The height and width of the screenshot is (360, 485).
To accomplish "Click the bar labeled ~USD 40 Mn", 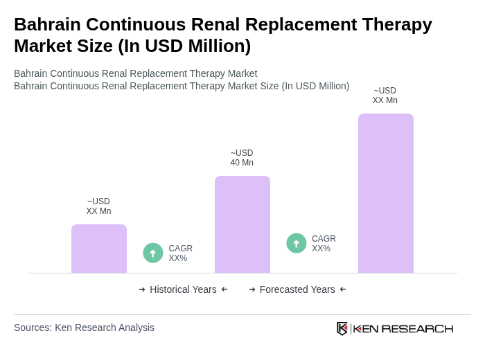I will coord(242,224).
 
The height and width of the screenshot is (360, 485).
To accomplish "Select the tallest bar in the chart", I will coord(385,193).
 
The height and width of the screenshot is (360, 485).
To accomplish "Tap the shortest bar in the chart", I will coord(98,249).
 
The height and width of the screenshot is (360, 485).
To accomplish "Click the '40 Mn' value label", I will coord(242,163).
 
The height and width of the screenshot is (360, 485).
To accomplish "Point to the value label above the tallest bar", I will coord(385,96).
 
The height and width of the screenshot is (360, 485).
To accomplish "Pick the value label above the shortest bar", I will coord(98,206).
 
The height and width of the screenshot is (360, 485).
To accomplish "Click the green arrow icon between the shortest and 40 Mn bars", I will coord(153,253).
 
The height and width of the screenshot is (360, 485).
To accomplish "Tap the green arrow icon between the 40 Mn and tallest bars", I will coord(297,243).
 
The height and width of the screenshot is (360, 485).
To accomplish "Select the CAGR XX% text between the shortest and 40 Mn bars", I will coord(180,253).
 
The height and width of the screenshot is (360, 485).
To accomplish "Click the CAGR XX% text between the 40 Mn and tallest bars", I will coord(324,244).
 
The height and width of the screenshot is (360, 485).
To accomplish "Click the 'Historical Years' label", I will coord(183,289).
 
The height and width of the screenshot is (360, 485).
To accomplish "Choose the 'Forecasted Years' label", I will coord(297,289).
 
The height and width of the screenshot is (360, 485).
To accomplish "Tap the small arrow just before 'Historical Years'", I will coord(142,289).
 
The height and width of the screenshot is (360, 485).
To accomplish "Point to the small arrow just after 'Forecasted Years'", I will coord(343,289).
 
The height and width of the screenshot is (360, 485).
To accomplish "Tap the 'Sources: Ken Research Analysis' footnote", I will coord(84,327).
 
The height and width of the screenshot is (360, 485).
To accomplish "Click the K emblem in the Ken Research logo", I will coord(342,328).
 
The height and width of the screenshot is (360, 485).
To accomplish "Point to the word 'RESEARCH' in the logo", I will coord(417,328).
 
